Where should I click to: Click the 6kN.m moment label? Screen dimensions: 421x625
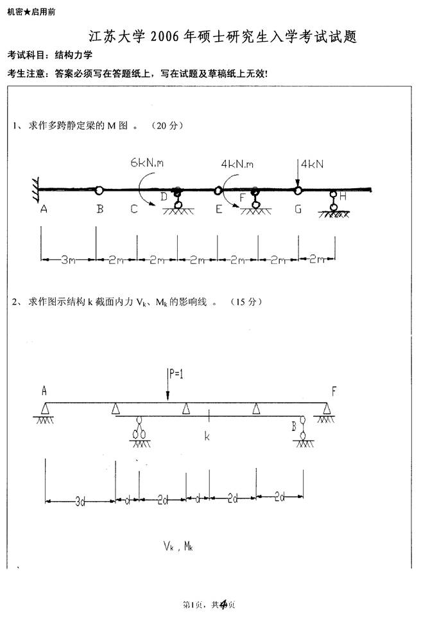click(147, 163)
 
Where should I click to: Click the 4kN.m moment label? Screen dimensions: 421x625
click(237, 164)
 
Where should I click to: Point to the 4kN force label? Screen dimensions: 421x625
click(313, 164)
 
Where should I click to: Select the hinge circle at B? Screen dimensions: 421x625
click(99, 190)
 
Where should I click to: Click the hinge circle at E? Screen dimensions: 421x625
click(218, 191)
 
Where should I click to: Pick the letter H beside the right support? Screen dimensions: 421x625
click(343, 196)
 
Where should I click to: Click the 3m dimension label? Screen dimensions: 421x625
click(68, 260)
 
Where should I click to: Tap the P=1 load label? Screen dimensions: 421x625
click(176, 373)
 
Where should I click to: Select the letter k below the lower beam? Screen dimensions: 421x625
click(207, 436)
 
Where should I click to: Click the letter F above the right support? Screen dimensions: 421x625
click(334, 391)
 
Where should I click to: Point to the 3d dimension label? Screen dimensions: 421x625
click(80, 502)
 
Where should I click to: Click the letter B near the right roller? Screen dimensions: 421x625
click(294, 427)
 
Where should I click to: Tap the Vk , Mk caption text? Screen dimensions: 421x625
click(178, 546)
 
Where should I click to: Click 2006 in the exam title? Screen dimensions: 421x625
click(165, 37)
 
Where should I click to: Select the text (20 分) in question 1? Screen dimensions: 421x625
click(167, 125)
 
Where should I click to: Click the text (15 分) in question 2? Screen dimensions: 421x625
click(246, 302)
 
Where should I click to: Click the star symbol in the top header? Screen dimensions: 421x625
click(27, 12)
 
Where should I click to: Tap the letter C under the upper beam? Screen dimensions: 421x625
click(134, 209)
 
